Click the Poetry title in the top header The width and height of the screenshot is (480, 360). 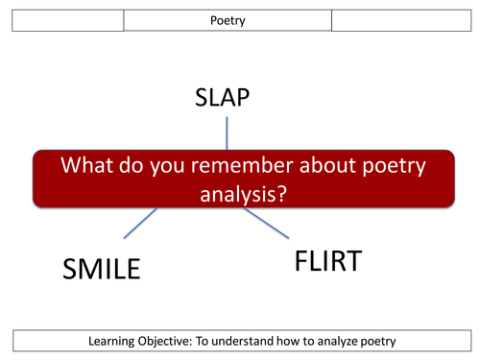click(228, 19)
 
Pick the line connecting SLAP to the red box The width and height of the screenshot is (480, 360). click(227, 132)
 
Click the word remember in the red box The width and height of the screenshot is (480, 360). click(222, 166)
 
